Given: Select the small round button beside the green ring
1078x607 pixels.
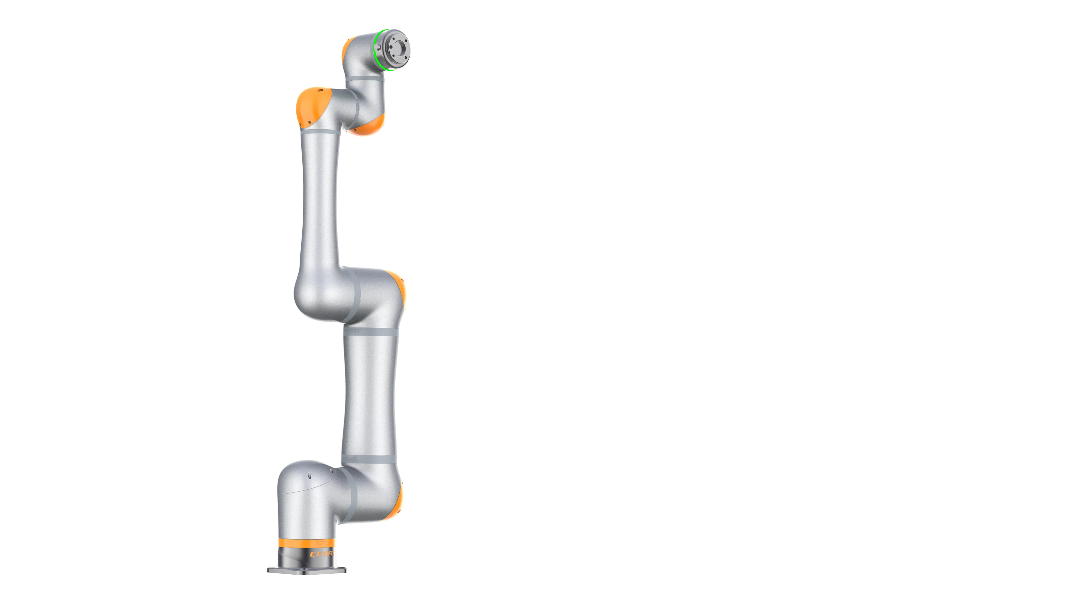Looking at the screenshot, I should pos(378,46).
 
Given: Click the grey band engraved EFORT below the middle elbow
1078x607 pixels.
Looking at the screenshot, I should pos(370,331).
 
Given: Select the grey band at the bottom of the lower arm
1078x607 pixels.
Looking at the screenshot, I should pos(368,459).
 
